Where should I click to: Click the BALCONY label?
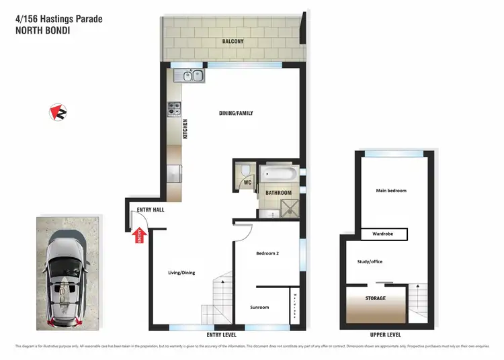coord(233,42)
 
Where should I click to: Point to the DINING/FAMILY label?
coord(236,113)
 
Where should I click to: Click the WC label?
coord(247,181)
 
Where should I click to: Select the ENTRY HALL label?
coord(151,210)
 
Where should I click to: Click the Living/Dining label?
coord(181,272)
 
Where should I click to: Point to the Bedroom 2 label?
coord(267,253)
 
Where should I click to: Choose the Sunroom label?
coord(259,307)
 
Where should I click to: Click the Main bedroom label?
coord(391,191)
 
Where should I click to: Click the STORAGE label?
coord(376,298)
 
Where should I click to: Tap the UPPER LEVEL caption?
coord(386,334)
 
